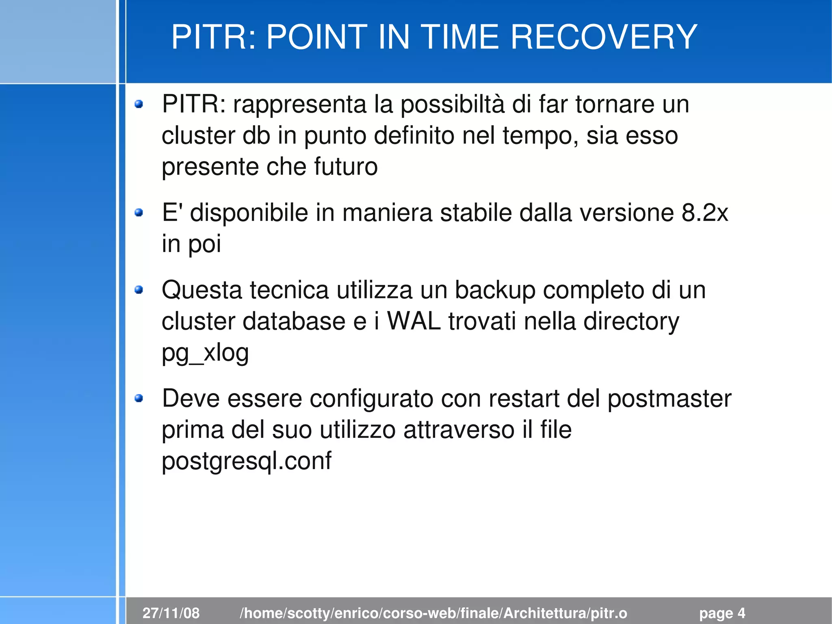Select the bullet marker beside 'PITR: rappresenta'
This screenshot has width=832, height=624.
tap(139, 104)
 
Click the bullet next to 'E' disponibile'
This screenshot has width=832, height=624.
tap(139, 212)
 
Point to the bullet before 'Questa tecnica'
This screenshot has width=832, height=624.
tap(139, 289)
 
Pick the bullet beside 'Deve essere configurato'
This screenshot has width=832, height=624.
tap(139, 398)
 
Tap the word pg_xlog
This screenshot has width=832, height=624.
tap(205, 353)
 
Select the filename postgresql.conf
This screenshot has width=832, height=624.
tap(246, 461)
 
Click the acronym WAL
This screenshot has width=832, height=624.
tap(414, 321)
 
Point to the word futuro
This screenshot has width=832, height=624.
tap(346, 167)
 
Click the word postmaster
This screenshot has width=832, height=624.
tap(669, 399)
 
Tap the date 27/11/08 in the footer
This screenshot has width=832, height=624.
tap(171, 613)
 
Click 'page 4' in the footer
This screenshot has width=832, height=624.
tap(722, 613)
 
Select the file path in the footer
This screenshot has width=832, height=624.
tap(433, 613)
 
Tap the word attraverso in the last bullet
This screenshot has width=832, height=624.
tap(459, 430)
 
